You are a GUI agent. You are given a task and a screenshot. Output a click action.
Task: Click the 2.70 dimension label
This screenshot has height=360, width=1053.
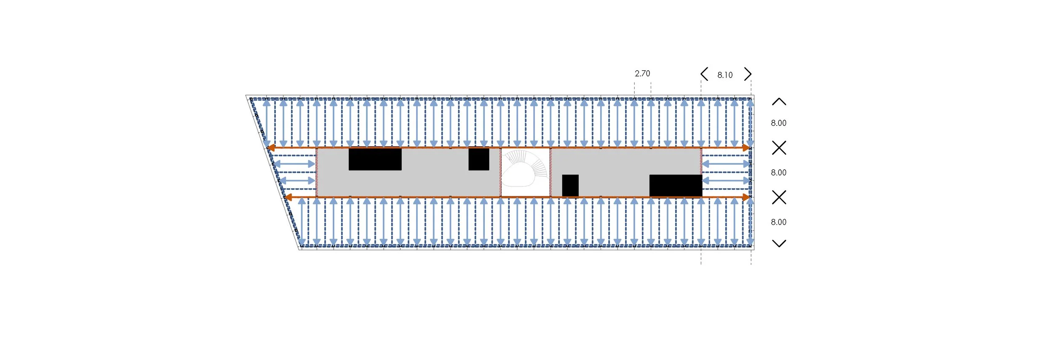click(642, 74)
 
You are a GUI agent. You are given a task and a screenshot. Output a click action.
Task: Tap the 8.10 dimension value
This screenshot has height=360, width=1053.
click(725, 75)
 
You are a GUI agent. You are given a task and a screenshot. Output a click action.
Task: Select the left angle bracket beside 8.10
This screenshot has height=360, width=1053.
click(704, 74)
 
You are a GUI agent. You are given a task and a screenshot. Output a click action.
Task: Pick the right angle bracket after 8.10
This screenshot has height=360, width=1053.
click(748, 74)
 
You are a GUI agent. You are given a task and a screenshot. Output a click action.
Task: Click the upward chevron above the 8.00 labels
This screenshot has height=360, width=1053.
click(779, 101)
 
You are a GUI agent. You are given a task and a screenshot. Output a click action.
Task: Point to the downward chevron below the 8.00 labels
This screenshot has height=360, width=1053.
click(779, 243)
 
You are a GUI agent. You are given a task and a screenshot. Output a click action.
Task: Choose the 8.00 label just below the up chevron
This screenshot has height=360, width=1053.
click(778, 123)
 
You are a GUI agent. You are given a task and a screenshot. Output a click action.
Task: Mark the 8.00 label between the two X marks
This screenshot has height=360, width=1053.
click(778, 173)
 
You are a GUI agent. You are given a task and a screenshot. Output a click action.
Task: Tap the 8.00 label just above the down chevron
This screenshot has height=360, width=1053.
click(778, 222)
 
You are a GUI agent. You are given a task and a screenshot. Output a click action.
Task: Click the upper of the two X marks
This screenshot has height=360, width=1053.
click(779, 148)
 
